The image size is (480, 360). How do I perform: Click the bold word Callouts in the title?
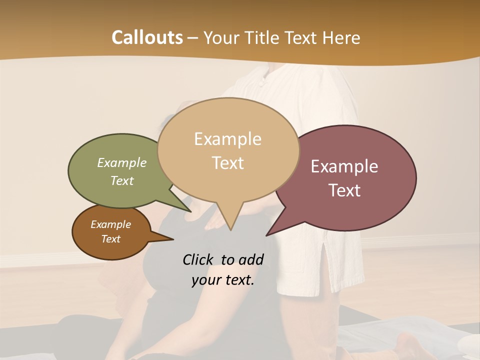click(x=147, y=37)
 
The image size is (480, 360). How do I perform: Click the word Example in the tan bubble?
click(x=227, y=139)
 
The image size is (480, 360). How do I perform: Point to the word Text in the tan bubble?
click(x=228, y=163)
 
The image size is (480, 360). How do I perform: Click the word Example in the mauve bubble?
click(x=344, y=166)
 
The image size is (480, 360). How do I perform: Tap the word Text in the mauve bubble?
click(x=345, y=190)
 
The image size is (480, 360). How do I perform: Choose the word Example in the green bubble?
click(x=122, y=163)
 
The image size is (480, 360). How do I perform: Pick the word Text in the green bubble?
click(x=122, y=181)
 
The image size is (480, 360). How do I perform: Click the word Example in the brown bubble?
click(x=110, y=224)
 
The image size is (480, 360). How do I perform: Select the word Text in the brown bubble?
click(x=110, y=239)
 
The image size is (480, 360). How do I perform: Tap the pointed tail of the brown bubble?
click(x=172, y=239)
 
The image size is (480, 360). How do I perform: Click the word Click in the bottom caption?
click(x=198, y=259)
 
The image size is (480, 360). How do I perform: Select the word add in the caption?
click(x=251, y=259)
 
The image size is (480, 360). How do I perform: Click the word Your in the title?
click(x=218, y=37)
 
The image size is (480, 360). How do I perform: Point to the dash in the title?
click(x=193, y=38)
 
